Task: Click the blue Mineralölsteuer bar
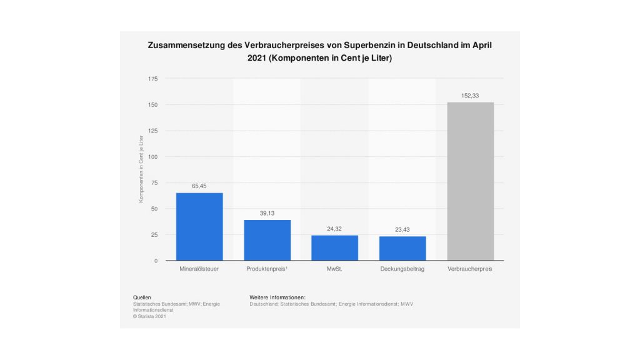pos(199,226)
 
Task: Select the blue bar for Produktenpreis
pos(267,240)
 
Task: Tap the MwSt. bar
pos(334,247)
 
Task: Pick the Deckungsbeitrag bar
pos(402,248)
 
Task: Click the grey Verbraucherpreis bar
pos(470,181)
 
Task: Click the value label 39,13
pos(267,213)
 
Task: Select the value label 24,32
pos(334,229)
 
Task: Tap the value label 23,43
pos(402,229)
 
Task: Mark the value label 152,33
pos(470,96)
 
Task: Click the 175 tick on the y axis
pos(153,79)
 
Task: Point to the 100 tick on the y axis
pos(153,157)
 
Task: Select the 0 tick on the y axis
pos(156,261)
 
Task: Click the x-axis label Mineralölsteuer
pos(199,270)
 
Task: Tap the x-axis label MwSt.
pos(334,270)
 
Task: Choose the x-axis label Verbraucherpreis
pos(470,270)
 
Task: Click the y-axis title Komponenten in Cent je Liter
pos(142,169)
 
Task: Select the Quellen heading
pos(142,297)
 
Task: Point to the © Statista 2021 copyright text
pos(149,316)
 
